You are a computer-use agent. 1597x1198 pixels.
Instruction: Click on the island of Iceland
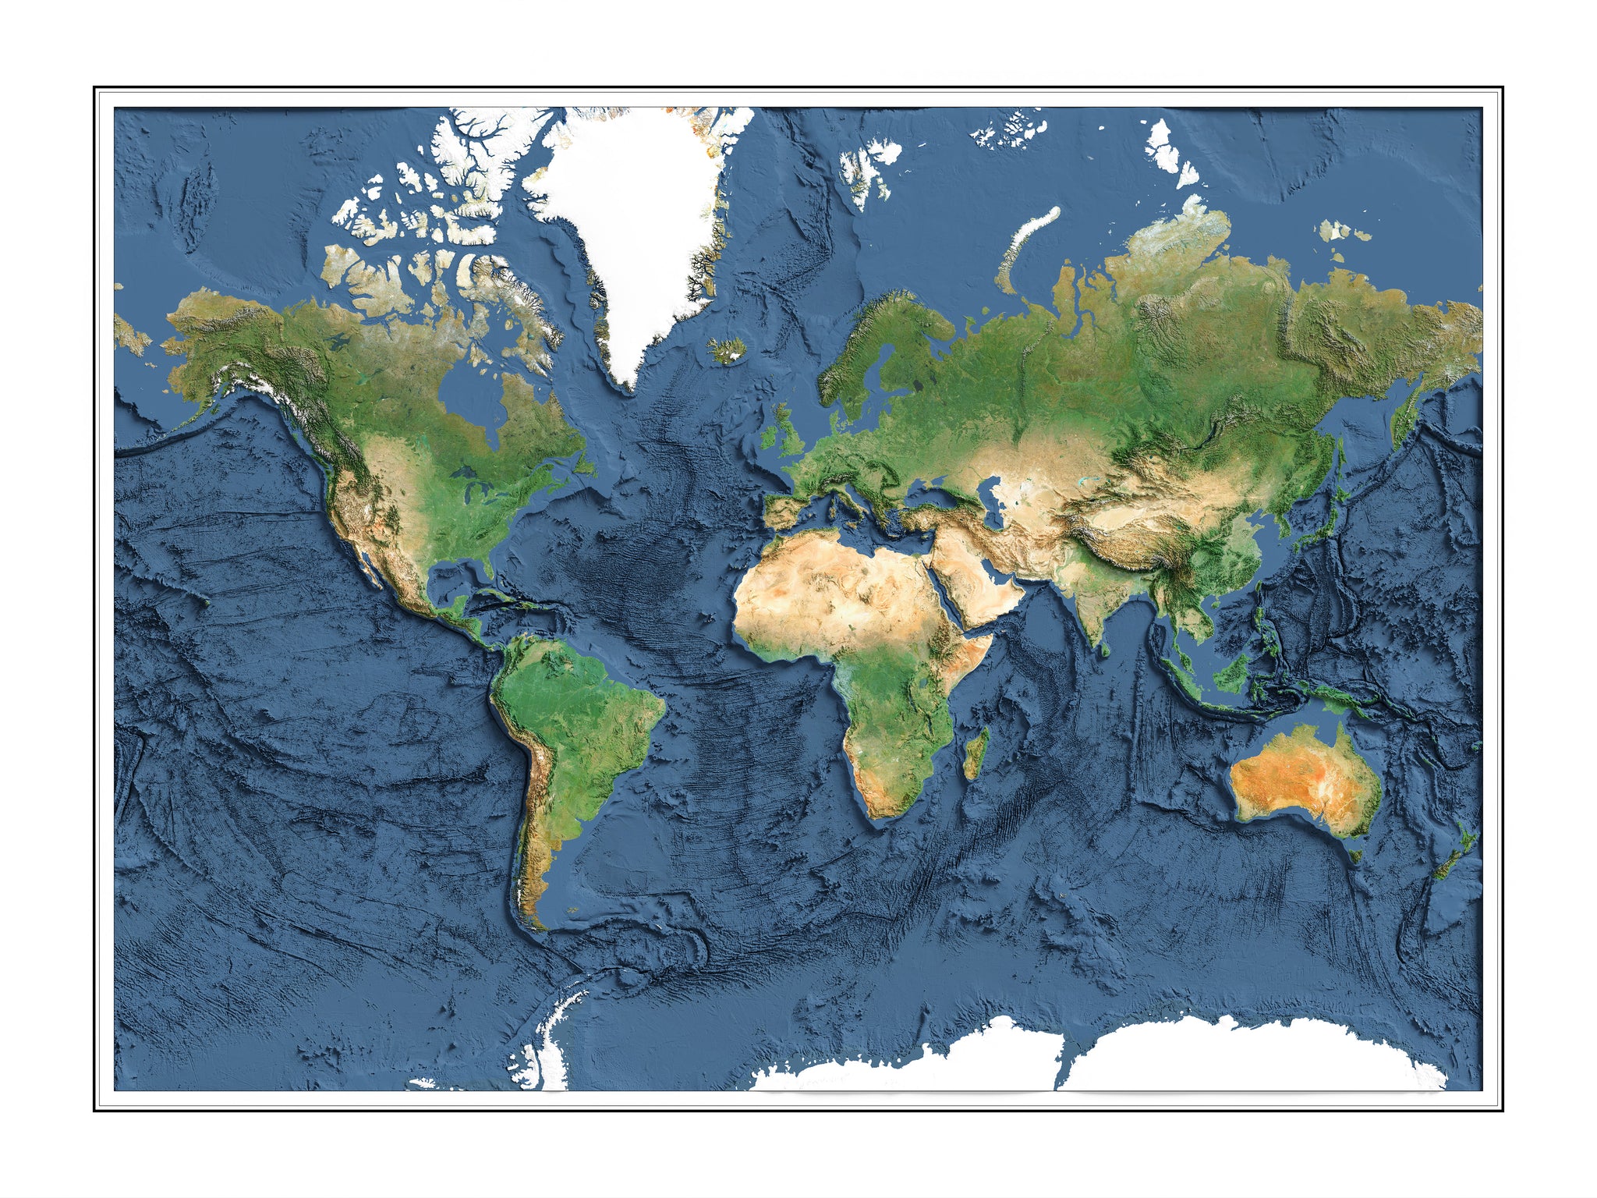pyautogui.click(x=727, y=351)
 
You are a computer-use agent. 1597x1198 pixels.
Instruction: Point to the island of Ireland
pyautogui.click(x=769, y=438)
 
